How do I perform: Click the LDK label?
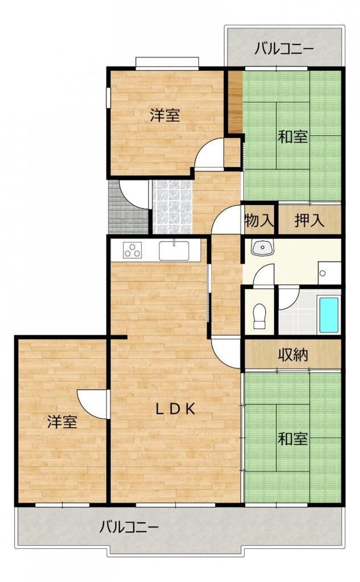(175, 409)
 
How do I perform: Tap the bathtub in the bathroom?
(329, 315)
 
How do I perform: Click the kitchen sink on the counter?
(174, 251)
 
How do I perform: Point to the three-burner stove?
(133, 250)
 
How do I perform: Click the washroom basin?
(262, 247)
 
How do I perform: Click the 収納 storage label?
(293, 355)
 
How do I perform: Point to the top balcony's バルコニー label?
(284, 48)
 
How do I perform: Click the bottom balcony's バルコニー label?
(129, 527)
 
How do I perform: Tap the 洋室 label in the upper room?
(165, 115)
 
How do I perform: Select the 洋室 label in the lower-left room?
(62, 422)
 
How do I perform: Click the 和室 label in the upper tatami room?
(293, 136)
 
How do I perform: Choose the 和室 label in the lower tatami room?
(293, 439)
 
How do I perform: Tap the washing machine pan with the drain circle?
(329, 273)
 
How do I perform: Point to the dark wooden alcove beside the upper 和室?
(235, 101)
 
